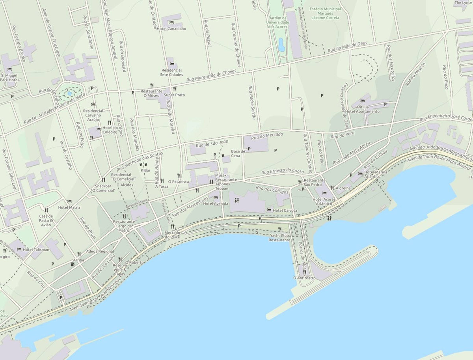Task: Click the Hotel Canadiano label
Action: pos(171,28)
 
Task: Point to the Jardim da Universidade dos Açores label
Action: pos(278,22)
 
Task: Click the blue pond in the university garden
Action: pos(281,45)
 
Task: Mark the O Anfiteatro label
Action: pos(304,278)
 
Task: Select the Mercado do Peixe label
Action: pos(172,235)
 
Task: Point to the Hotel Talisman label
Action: pos(36,250)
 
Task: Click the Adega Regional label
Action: pos(100,251)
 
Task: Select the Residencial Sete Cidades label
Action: pos(171,72)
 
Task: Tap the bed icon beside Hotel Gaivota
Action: pos(269,210)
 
